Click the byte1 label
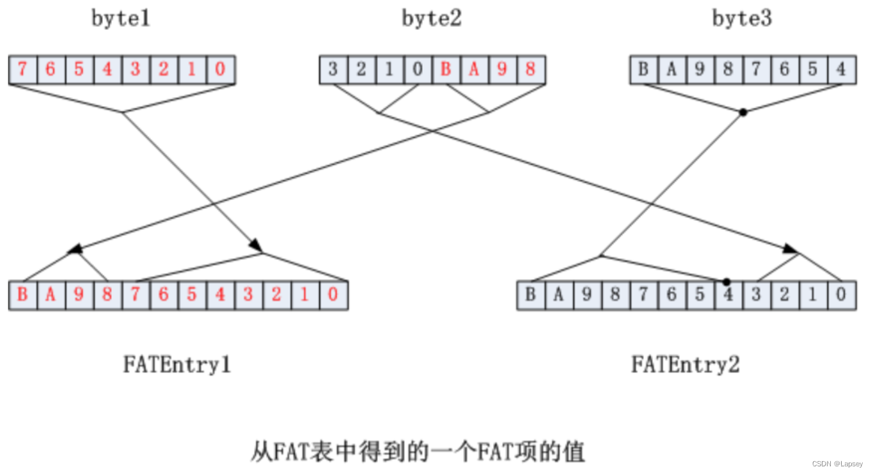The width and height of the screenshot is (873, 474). (x=121, y=19)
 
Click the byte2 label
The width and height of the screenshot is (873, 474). (x=432, y=19)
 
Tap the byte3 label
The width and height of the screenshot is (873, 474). (x=742, y=19)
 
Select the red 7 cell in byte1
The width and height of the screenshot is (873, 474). (x=22, y=70)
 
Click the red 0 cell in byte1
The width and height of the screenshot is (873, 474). (x=221, y=70)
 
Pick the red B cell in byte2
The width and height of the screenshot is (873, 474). (x=446, y=70)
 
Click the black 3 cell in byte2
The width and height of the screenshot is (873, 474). (x=333, y=70)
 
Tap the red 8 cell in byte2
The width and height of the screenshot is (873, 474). (x=530, y=70)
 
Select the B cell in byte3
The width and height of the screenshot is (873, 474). (x=643, y=70)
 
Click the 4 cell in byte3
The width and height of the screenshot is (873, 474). (x=841, y=70)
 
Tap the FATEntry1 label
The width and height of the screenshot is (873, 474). (x=177, y=365)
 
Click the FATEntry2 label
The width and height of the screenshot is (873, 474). (x=686, y=365)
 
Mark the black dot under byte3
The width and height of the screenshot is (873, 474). (x=743, y=112)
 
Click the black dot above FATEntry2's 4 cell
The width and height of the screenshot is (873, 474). (x=727, y=281)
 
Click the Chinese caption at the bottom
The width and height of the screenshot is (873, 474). (x=418, y=453)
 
